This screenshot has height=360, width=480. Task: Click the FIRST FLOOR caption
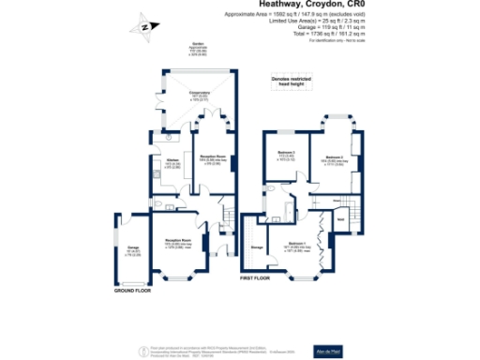(254, 278)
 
